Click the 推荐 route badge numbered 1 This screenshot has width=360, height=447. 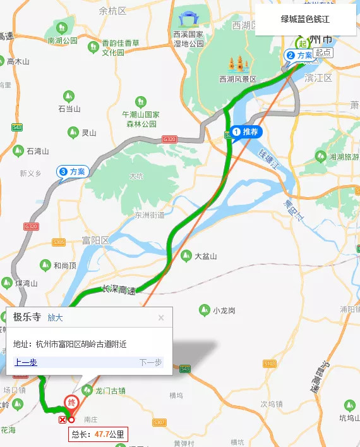click(245, 132)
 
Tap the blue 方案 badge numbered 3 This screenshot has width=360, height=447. click(73, 171)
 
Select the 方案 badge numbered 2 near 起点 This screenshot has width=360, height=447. click(300, 56)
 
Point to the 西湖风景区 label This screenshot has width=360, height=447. click(237, 79)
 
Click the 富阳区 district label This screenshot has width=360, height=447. click(96, 241)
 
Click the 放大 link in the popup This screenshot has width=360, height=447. click(55, 318)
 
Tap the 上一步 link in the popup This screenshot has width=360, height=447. click(26, 362)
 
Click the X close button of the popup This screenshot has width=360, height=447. click(161, 318)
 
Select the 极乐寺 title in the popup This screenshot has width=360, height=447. click(27, 318)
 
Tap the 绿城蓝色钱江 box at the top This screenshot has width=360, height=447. click(305, 20)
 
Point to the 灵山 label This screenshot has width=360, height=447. click(89, 133)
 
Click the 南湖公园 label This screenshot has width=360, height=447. click(62, 40)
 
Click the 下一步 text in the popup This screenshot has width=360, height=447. click(150, 362)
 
